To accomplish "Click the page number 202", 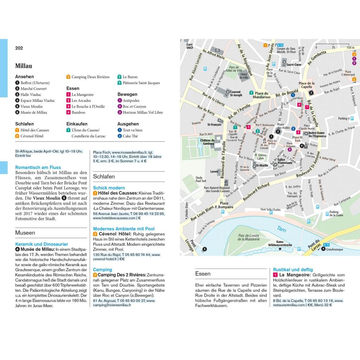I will point(19,48).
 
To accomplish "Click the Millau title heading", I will point(24,66).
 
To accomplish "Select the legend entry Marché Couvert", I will point(33,89).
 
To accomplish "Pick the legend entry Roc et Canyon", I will point(134,107).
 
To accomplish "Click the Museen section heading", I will point(25,233).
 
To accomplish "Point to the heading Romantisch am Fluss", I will point(38,167).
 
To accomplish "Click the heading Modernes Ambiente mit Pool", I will point(124,229).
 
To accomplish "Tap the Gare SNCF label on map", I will point(190,46).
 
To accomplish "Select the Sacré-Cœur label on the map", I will point(294,65).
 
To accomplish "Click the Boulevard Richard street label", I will point(256,192).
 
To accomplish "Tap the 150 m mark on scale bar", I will point(350,47).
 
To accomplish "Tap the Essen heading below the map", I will point(203,274).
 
